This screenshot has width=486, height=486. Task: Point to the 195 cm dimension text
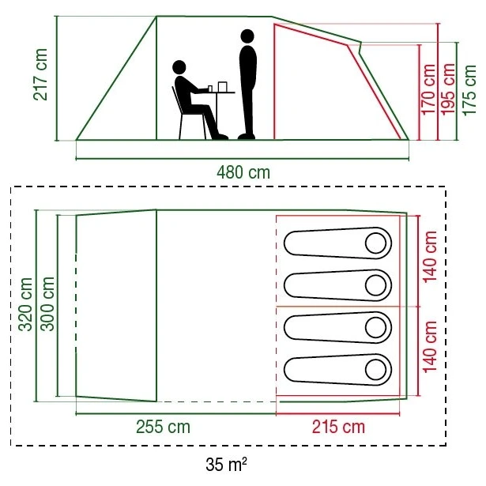449,89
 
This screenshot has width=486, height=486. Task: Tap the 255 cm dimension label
163,427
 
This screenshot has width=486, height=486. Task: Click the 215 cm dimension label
337,427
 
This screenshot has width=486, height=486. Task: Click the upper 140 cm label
431,258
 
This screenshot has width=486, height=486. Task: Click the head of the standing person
247,36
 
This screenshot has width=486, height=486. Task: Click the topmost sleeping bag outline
336,242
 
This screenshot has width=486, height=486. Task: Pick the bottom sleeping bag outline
336,368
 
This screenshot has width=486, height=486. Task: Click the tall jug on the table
223,85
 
